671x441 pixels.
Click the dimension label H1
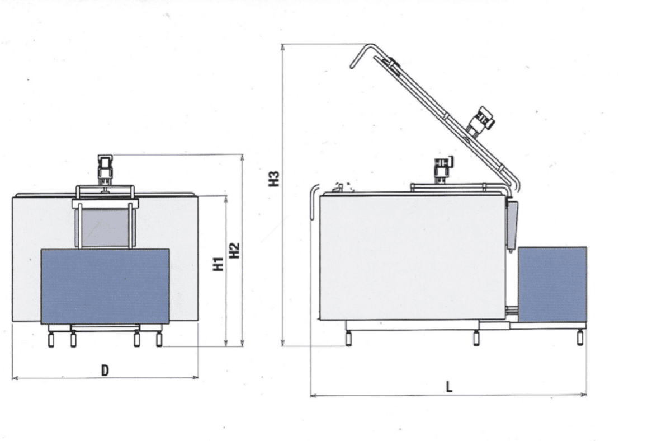[218, 264]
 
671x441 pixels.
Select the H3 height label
[274, 179]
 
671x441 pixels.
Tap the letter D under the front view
[105, 370]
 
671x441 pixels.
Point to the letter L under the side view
[449, 387]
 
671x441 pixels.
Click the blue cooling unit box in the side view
[552, 284]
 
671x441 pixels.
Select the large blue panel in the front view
[105, 287]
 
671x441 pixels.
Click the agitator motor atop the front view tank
[105, 170]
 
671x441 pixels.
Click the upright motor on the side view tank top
[443, 170]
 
